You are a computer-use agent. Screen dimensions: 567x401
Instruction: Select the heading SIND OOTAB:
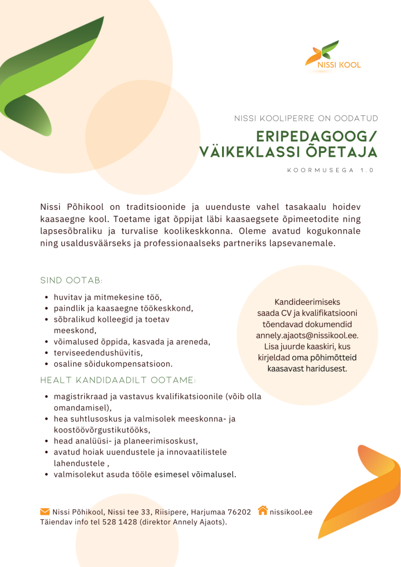tap(71, 280)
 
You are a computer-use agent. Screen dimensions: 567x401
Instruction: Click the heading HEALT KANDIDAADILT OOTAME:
tap(118, 380)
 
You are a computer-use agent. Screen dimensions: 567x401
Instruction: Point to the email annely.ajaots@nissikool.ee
tap(307, 336)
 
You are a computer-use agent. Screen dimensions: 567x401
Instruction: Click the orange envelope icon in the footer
tap(45, 511)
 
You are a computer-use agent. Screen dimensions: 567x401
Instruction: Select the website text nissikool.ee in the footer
tap(291, 512)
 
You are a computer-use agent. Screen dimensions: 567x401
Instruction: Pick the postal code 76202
tap(239, 512)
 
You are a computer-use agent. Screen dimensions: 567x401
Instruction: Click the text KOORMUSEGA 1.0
tap(330, 171)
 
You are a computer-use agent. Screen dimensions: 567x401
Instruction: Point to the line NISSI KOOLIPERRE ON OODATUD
tap(306, 118)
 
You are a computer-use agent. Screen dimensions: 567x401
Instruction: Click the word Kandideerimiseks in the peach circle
tap(307, 302)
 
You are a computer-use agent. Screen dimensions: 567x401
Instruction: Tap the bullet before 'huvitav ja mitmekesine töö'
tap(47, 297)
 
